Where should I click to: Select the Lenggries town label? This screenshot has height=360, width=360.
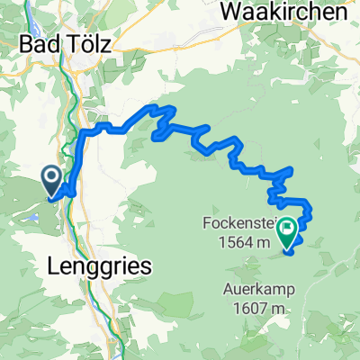point(99,265)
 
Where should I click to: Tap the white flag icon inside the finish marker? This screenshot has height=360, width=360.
point(288,229)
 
